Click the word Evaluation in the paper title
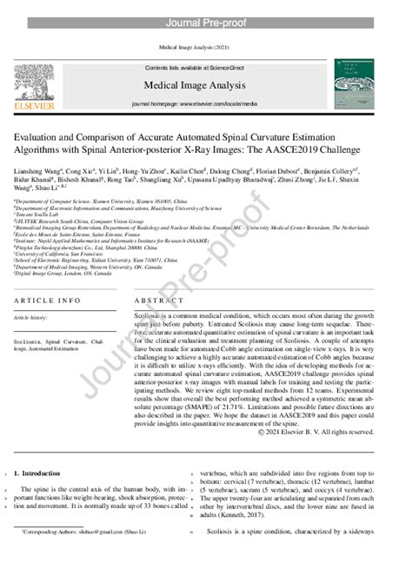[x=40, y=136]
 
